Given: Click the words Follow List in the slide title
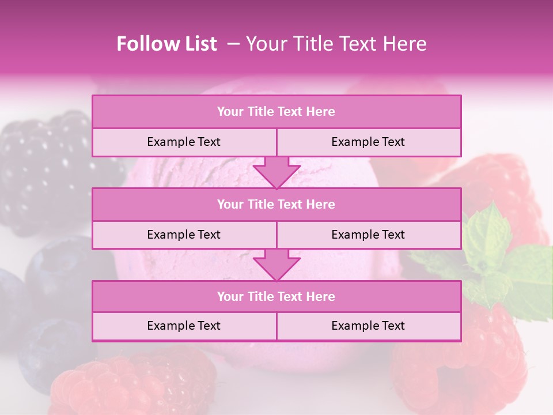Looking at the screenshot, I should [x=166, y=44].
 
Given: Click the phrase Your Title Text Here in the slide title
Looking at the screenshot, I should [x=336, y=44].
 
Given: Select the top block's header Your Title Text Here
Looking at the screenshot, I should [x=276, y=112].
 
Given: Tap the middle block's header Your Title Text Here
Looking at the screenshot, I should [x=276, y=204].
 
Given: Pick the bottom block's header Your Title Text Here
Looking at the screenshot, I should [x=276, y=296].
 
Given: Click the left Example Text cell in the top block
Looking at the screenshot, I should [x=184, y=142].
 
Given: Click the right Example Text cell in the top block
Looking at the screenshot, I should [x=368, y=142].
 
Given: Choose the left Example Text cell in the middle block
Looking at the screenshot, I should [x=184, y=235].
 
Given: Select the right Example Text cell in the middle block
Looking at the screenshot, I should [x=368, y=235].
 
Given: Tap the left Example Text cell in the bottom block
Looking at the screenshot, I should [x=184, y=326].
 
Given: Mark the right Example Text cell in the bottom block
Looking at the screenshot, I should [x=368, y=326].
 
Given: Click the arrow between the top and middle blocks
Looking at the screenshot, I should [x=276, y=172].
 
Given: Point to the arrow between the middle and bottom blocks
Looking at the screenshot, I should [x=276, y=265].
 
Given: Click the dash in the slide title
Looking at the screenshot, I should [x=233, y=44].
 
